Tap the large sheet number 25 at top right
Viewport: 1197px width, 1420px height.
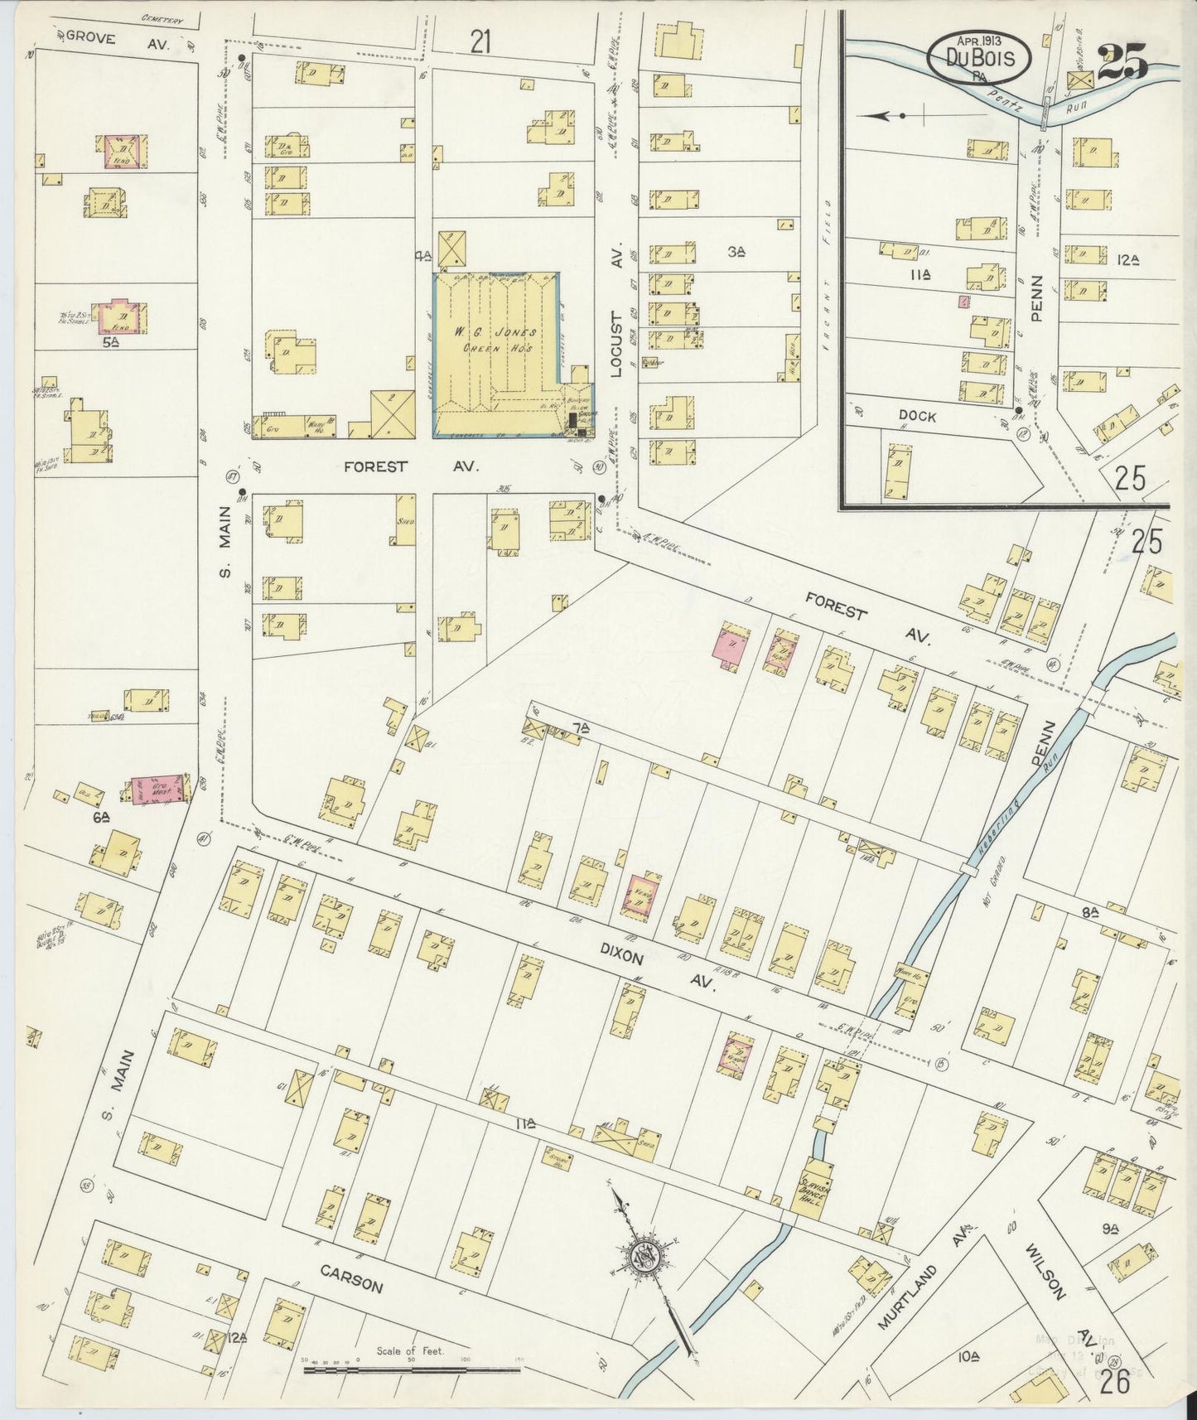[x=1122, y=63]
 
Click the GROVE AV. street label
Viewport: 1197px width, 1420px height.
[x=117, y=36]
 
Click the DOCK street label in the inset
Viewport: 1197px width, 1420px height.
[x=915, y=417]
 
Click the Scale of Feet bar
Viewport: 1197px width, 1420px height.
[x=411, y=1371]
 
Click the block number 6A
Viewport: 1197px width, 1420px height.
[x=102, y=815]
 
